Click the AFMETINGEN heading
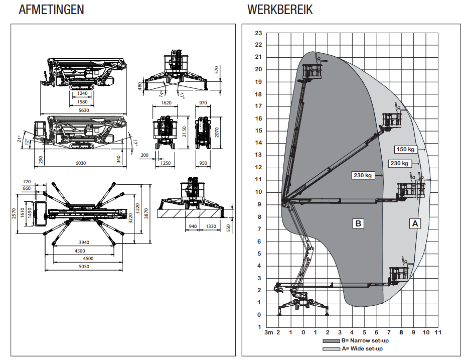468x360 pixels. pos(51,10)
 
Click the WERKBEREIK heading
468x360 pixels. pos(279,10)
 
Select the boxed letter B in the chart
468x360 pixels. pos(358,223)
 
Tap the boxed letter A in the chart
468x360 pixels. pos(414,223)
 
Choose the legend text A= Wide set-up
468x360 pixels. pos(362,348)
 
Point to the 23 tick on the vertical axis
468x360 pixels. pos(258,33)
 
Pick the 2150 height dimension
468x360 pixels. pos(185,132)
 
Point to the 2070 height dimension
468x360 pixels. pos(216,132)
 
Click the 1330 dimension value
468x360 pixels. pos(211,226)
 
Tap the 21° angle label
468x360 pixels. pos(20,138)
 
